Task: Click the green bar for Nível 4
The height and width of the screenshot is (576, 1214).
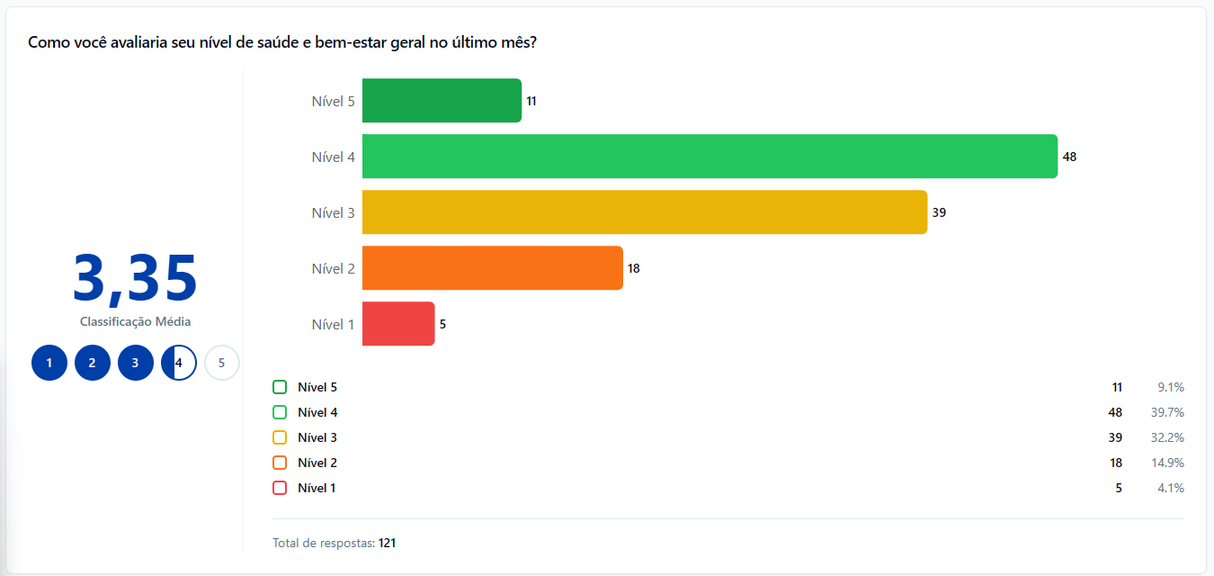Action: (x=710, y=157)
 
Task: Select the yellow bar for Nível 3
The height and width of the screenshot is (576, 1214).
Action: (x=644, y=212)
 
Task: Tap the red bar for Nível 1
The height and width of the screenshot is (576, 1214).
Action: (x=398, y=324)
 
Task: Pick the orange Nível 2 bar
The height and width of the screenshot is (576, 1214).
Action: (x=492, y=268)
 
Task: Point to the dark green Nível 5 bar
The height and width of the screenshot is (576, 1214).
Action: (x=442, y=101)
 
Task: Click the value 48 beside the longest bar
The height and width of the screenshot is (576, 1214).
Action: (x=1069, y=157)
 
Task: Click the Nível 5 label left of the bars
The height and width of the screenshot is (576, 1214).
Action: (x=333, y=101)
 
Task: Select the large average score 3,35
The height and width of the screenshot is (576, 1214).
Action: (x=135, y=278)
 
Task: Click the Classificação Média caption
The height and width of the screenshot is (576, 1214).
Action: (x=135, y=321)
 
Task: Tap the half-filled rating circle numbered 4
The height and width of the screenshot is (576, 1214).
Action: (x=179, y=364)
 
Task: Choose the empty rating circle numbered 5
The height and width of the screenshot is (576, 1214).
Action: (x=221, y=364)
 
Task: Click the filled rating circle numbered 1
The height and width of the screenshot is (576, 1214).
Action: (x=49, y=364)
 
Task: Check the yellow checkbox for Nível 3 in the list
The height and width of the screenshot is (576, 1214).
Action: (x=280, y=437)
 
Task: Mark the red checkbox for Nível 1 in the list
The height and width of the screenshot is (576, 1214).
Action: (x=280, y=488)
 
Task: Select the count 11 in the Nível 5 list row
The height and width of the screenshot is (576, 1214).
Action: (x=1117, y=387)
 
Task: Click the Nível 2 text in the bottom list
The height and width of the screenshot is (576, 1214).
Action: (x=317, y=463)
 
